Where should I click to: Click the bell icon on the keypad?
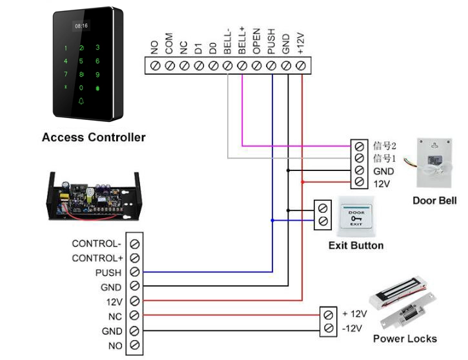coord(81,101)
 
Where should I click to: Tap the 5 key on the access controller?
coord(81,61)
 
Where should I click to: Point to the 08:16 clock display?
coord(81,26)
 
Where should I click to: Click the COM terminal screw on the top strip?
coord(170,66)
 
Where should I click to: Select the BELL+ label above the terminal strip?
coord(242,40)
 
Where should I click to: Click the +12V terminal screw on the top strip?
coord(301,66)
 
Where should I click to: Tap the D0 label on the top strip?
coord(213,48)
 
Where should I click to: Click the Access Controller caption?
coord(94,137)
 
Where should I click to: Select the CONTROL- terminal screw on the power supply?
coord(135,244)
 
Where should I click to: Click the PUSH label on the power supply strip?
coord(108,273)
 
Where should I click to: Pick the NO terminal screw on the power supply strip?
coord(135,345)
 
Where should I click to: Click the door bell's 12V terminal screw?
coord(360,182)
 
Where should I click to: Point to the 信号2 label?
coord(385,146)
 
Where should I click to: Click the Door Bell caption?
coord(434,201)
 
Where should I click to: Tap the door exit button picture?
coord(356,217)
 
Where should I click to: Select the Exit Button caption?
coord(356,245)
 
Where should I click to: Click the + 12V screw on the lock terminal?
coord(329,315)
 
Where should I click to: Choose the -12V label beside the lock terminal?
coord(352,328)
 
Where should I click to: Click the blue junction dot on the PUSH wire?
coord(272,221)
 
